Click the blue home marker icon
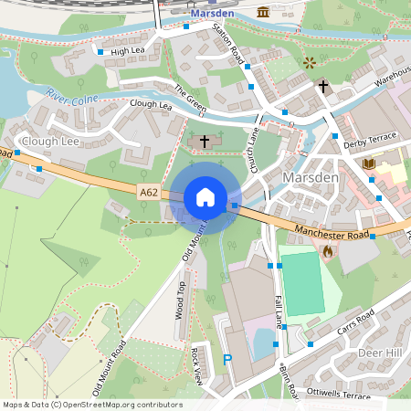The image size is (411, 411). point(205,196)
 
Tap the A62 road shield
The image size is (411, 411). point(151,192)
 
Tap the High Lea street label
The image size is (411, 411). point(129,52)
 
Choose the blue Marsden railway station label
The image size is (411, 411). point(214,14)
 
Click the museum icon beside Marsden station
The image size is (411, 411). point(263,12)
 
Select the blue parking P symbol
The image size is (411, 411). point(227,360)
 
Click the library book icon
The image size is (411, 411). point(369,163)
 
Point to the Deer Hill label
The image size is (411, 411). point(380,353)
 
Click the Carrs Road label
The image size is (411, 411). point(355,321)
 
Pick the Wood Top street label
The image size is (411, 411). point(180,300)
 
